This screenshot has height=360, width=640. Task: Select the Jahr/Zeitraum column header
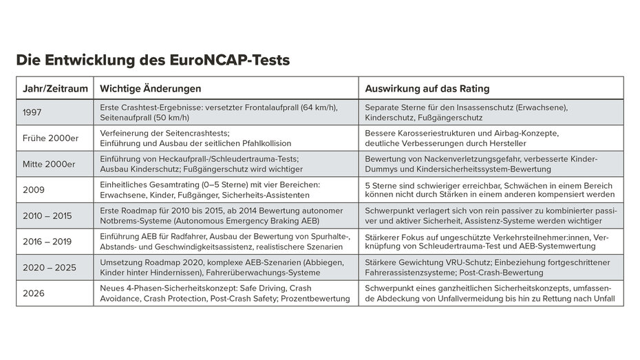click(x=54, y=89)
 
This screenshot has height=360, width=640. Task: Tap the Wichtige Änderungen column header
click(x=151, y=89)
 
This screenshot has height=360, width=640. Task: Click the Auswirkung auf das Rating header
click(x=427, y=89)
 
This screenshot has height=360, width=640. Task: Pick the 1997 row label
click(x=32, y=113)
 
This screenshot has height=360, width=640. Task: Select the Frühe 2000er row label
click(x=50, y=138)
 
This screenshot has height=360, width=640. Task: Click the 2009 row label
click(x=33, y=189)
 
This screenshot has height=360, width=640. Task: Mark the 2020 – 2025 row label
click(x=50, y=267)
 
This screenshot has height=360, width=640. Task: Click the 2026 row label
click(x=34, y=293)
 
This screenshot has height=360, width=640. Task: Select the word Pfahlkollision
click(x=263, y=144)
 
